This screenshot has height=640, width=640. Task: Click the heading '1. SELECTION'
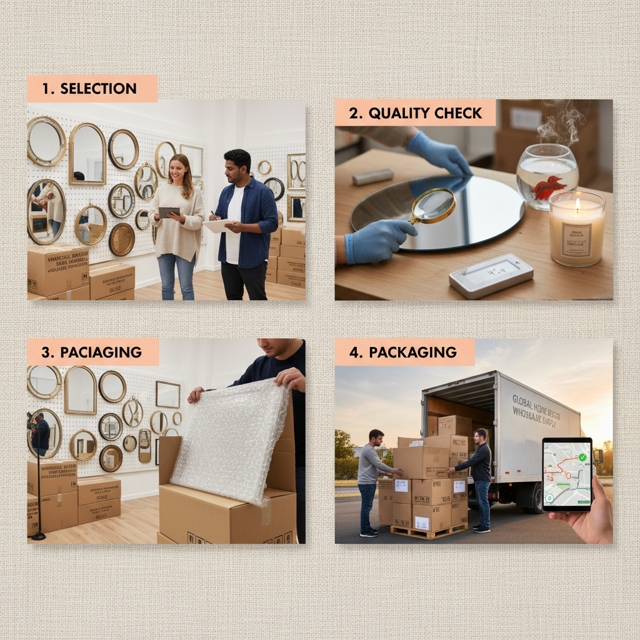click(x=89, y=89)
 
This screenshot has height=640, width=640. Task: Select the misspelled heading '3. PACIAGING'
click(x=91, y=352)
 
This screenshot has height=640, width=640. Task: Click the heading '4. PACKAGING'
click(x=403, y=352)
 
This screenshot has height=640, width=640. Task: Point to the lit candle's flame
click(x=577, y=204)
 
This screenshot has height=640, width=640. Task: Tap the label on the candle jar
click(x=576, y=240)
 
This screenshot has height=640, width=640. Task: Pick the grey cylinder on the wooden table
click(x=372, y=177)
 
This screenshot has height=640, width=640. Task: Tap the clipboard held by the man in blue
click(x=218, y=226)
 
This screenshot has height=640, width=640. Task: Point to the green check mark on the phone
click(x=582, y=457)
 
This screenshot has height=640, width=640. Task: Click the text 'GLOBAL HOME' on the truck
click(x=531, y=401)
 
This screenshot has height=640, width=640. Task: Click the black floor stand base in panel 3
click(x=38, y=536)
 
